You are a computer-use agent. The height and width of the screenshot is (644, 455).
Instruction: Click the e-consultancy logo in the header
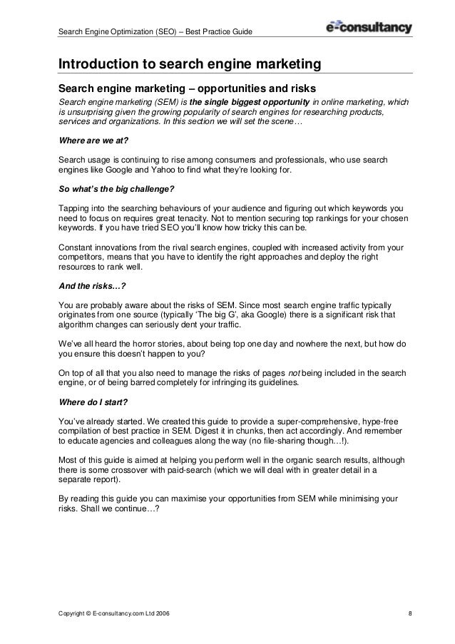tap(368, 28)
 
